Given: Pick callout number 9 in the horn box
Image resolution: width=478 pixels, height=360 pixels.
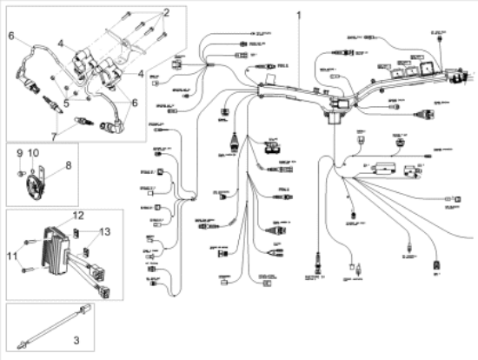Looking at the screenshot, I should pos(18,154).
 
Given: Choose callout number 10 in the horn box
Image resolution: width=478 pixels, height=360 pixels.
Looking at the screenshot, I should pos(34,154).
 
